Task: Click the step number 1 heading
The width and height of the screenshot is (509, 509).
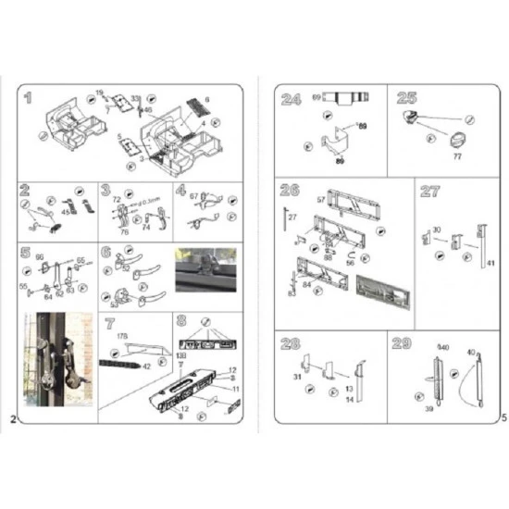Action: click(30, 97)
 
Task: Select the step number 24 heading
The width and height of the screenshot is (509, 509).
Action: click(291, 97)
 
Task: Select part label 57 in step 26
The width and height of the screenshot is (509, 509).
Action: click(321, 199)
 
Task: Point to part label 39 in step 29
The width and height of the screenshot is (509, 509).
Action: click(428, 408)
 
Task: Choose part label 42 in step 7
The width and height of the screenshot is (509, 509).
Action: click(146, 366)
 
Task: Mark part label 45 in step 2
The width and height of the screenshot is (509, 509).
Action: click(65, 211)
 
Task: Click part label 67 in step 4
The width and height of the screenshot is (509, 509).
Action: click(194, 196)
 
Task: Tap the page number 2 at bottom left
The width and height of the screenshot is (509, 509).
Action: click(13, 418)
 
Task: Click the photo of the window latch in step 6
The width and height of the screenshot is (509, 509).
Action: click(206, 267)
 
